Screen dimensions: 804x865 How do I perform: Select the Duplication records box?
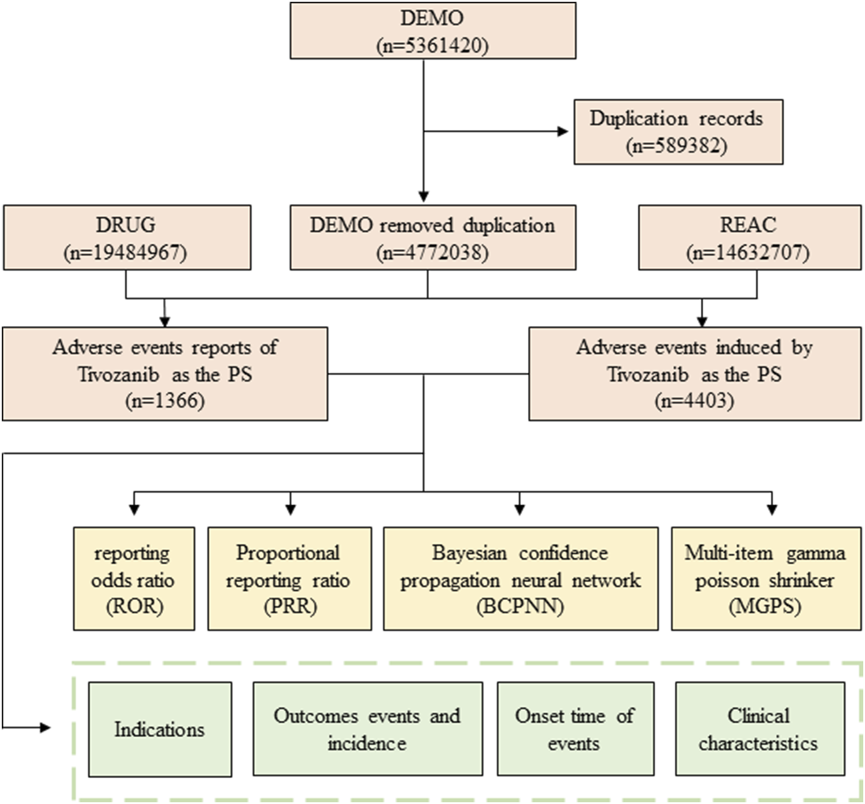tap(678, 132)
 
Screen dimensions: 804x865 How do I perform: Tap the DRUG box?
tap(127, 237)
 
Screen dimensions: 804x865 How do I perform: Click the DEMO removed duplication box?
tap(432, 237)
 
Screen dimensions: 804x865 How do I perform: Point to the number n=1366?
tap(164, 401)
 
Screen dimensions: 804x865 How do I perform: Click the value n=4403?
tap(694, 401)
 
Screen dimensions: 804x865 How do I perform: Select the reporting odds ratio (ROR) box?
tap(133, 578)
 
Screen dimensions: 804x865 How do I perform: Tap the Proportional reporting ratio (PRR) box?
tap(289, 578)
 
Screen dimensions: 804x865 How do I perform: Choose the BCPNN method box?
tap(520, 578)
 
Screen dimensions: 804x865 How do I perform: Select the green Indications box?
tap(160, 729)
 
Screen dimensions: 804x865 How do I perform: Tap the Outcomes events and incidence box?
tap(368, 729)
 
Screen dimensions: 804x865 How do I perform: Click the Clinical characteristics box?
tap(759, 729)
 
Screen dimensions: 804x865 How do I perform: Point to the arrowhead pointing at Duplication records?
tap(564, 131)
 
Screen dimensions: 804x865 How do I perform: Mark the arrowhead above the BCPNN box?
tap(520, 510)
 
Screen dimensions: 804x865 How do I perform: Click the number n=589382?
tap(676, 146)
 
